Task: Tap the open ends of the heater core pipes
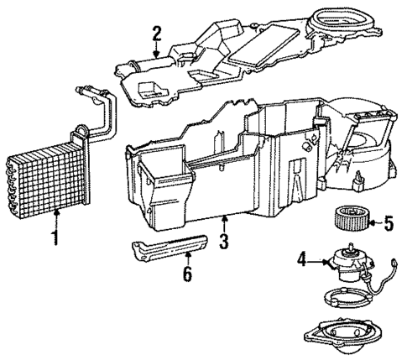[x=81, y=90]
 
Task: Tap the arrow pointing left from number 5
[x=374, y=223]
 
